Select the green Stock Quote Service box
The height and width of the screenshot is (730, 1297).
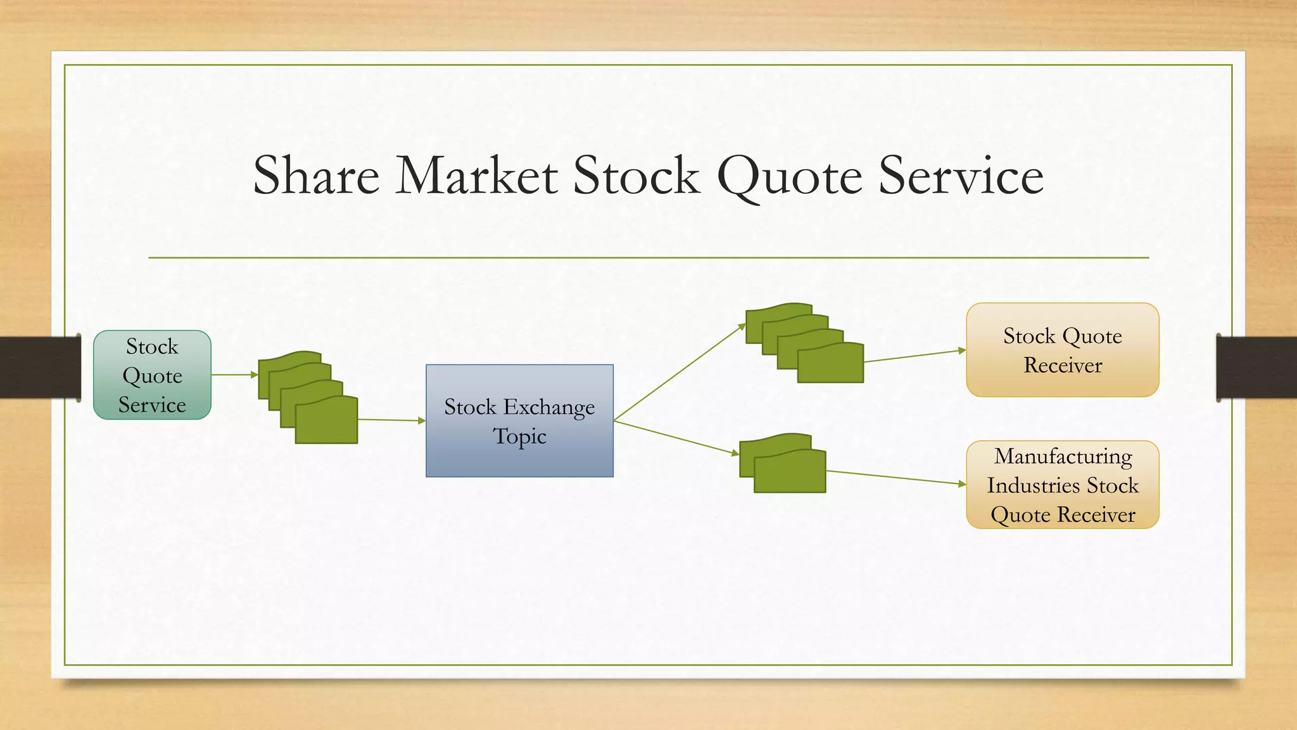[152, 375]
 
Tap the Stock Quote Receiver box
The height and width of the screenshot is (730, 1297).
[1062, 350]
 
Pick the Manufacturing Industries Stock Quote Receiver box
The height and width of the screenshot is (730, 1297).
[1062, 485]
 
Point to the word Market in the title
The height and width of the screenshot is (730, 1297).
[476, 176]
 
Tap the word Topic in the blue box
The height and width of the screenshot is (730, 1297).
[519, 437]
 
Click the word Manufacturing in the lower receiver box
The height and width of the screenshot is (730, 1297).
[1063, 456]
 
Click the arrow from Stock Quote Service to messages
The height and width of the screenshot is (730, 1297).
[234, 375]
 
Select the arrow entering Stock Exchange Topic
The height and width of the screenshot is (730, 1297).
[391, 419]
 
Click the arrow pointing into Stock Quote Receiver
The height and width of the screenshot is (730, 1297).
[915, 355]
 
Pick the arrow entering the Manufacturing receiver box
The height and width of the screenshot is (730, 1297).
[896, 477]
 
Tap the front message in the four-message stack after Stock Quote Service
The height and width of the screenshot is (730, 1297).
[326, 421]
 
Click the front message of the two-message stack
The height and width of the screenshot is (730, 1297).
[790, 472]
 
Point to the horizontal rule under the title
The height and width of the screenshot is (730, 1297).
[648, 258]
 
